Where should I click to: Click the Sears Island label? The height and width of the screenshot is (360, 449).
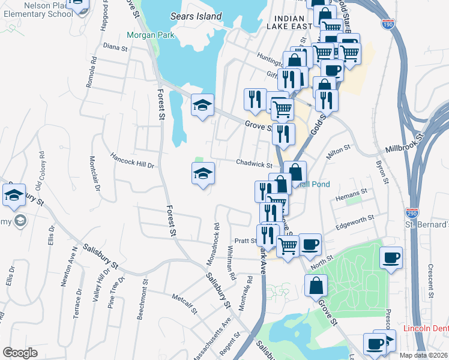196,16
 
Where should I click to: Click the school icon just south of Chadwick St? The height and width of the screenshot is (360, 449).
203,174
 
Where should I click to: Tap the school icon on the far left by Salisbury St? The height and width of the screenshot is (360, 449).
14,195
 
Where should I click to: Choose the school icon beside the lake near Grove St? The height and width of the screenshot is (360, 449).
203,106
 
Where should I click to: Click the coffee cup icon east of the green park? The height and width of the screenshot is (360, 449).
391,258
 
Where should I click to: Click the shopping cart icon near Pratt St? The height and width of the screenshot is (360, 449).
288,245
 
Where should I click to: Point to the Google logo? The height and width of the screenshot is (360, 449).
20,353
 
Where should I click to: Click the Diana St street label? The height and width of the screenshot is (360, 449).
112,46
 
